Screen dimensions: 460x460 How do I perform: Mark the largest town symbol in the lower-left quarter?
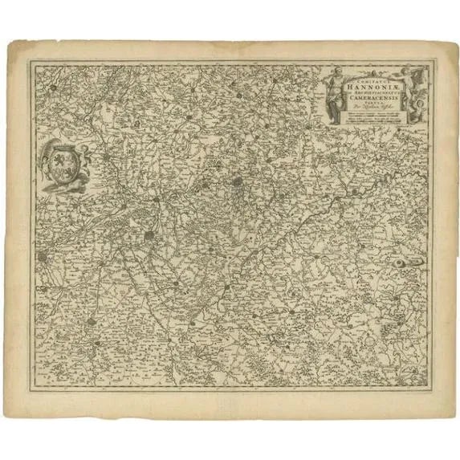(150, 235)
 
